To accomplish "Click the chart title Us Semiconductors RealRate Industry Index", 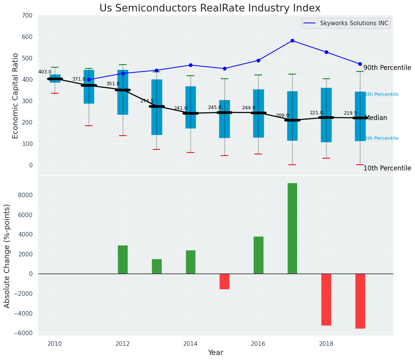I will pos(210,8).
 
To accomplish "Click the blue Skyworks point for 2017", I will pos(292,41).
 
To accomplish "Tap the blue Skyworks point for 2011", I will pos(89,80).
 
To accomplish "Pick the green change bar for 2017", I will pos(292,228).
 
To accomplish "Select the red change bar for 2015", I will pos(225,281).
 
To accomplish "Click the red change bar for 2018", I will pos(326,299).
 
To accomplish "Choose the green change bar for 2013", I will pos(156,266).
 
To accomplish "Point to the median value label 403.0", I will pos(45,72).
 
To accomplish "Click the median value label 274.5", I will pos(146,101).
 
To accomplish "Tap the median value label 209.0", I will pos(282,115).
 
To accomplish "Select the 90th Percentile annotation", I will pos(387,68).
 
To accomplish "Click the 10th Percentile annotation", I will pos(387,168).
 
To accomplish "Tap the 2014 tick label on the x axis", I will pos(190,344).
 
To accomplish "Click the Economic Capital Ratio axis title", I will pos(16,96).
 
